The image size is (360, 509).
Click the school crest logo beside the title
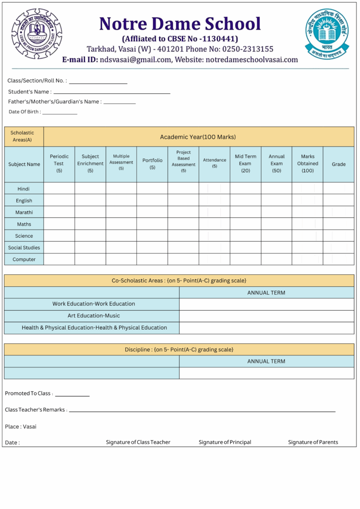point(37,34)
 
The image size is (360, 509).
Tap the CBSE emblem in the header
point(327,34)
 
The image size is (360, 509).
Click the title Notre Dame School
point(180,24)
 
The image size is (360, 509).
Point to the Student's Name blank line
point(112,92)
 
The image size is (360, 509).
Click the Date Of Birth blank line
point(60,114)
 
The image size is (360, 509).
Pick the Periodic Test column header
point(59,164)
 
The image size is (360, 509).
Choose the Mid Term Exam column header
point(246,164)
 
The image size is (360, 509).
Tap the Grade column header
point(339,164)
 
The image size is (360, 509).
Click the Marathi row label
point(24,212)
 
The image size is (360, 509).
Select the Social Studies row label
point(24,248)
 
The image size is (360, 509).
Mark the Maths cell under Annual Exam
point(276,224)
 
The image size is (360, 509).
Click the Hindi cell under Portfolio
point(152,188)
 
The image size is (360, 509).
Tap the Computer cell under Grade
point(339,259)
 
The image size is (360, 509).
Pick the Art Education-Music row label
point(93,316)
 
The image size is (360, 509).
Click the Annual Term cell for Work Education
point(267,304)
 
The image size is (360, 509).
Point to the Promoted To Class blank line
point(72,396)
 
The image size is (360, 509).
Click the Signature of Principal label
point(225,442)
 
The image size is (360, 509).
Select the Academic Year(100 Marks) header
point(198,137)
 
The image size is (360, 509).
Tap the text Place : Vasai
point(20,426)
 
